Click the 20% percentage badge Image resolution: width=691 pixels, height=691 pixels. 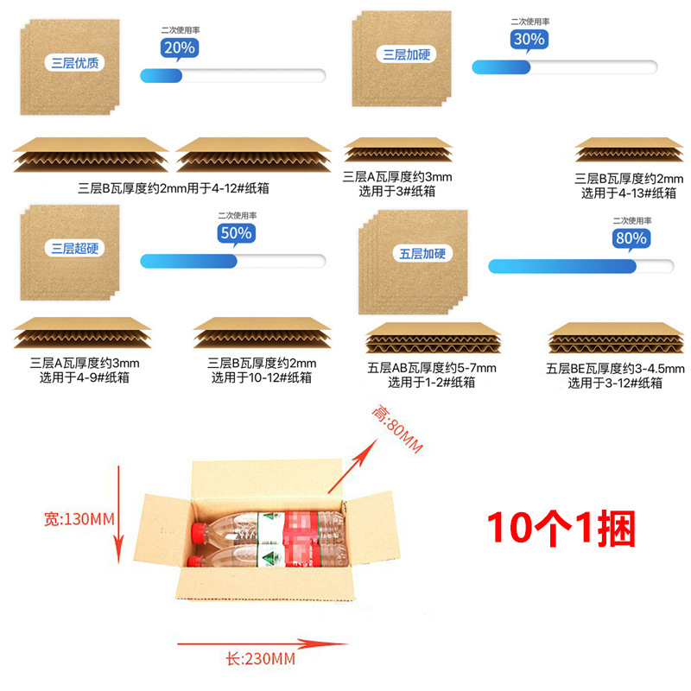pyautogui.click(x=178, y=48)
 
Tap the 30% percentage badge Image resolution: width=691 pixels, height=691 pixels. pyautogui.click(x=529, y=39)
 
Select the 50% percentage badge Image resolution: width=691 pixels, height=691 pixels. pyautogui.click(x=235, y=233)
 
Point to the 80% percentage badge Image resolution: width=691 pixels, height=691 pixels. pyautogui.click(x=630, y=238)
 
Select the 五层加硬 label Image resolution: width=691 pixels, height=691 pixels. pyautogui.click(x=423, y=254)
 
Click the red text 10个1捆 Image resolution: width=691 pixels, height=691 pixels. pyautogui.click(x=561, y=527)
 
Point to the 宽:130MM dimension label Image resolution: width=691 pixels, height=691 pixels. pyautogui.click(x=79, y=519)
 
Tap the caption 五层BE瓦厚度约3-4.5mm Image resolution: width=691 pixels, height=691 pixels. pyautogui.click(x=615, y=369)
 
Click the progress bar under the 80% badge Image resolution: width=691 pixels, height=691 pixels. pyautogui.click(x=580, y=266)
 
